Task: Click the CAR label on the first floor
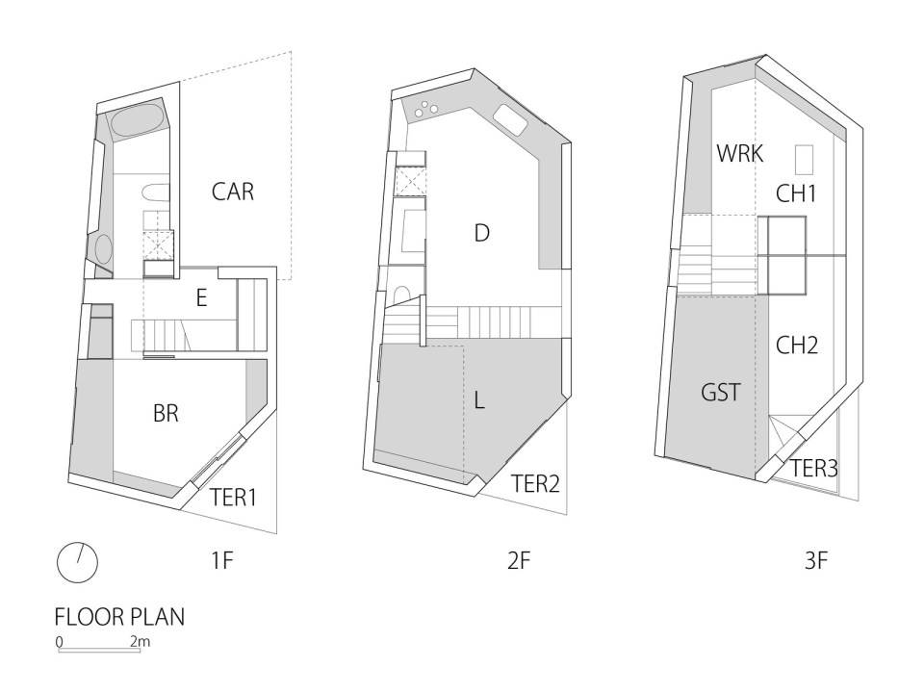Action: (233, 192)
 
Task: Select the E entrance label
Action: (201, 298)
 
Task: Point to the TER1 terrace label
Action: (234, 497)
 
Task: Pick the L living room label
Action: (480, 399)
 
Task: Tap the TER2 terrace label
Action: (535, 482)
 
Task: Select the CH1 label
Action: (796, 193)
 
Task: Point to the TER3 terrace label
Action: (814, 469)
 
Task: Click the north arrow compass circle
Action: (77, 562)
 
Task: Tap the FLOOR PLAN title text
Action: (119, 617)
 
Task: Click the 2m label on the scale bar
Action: (140, 640)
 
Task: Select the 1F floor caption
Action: (221, 562)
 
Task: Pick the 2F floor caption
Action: (519, 562)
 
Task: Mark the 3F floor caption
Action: (815, 562)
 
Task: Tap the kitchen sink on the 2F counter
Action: (510, 121)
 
